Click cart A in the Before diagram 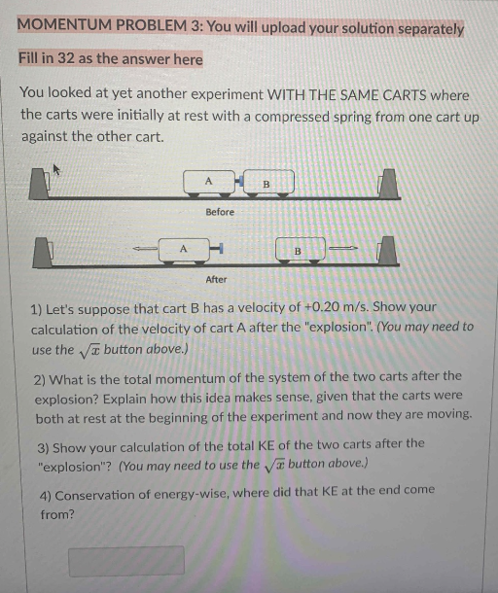pyautogui.click(x=207, y=182)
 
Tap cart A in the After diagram pyautogui.click(x=181, y=250)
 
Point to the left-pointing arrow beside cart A pyautogui.click(x=145, y=251)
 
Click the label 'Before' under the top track pyautogui.click(x=219, y=211)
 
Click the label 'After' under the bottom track pyautogui.click(x=216, y=280)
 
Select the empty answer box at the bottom pyautogui.click(x=125, y=560)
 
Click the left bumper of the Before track pyautogui.click(x=40, y=185)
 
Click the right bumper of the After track pyautogui.click(x=387, y=250)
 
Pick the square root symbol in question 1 pyautogui.click(x=88, y=350)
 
